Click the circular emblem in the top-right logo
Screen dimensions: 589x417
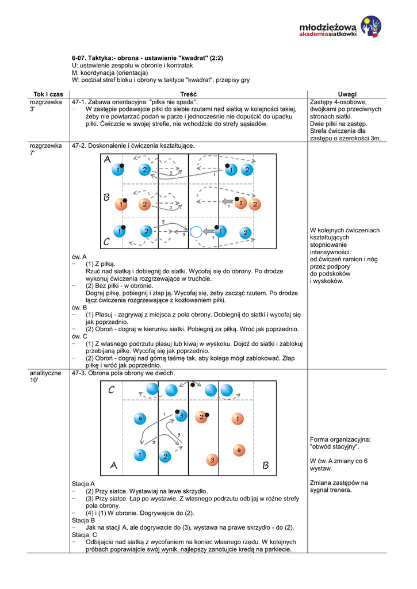370,26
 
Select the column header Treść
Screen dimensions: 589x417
188,94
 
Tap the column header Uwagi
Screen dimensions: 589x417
347,94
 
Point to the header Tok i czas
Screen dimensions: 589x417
48,94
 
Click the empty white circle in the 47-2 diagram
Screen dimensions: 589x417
196,232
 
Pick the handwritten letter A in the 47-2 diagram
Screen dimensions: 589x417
108,160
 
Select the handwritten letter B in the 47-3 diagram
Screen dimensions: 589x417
265,465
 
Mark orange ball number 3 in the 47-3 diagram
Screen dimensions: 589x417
212,460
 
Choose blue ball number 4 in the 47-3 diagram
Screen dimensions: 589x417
139,419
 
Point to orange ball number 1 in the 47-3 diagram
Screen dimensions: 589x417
237,419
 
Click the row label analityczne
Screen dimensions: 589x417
45,373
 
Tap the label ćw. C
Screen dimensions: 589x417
79,336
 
